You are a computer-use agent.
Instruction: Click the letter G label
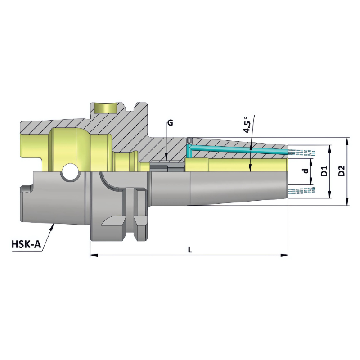(x=170, y=122)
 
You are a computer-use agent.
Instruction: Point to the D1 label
(x=324, y=171)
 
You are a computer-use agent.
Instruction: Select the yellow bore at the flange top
(x=104, y=108)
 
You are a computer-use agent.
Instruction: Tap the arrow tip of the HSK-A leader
(x=54, y=225)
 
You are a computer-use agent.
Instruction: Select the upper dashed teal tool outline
(x=301, y=152)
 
